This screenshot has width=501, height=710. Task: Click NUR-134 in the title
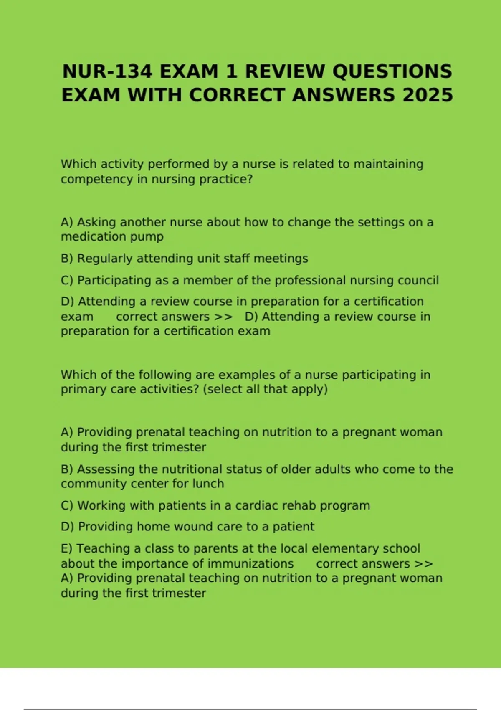tap(107, 71)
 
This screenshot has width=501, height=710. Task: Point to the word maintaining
tap(388, 164)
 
